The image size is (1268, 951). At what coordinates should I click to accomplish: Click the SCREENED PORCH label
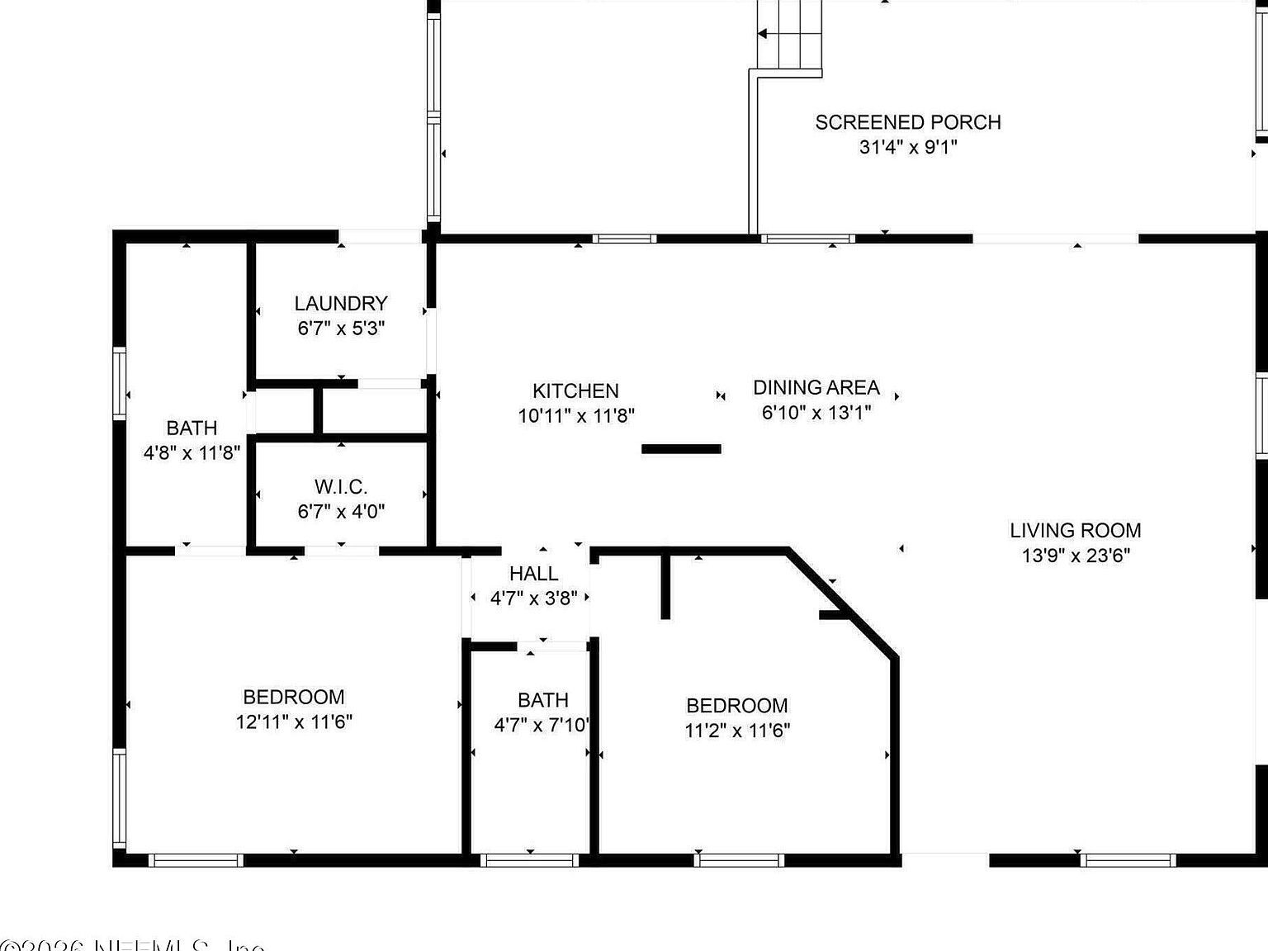907,122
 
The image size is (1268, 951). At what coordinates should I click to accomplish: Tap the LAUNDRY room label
340,304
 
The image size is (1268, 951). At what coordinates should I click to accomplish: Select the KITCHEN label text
575,390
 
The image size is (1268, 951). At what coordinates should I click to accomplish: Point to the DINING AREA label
816,387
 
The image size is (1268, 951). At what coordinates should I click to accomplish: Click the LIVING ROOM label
1075,530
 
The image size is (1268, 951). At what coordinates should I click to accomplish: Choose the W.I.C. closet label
340,486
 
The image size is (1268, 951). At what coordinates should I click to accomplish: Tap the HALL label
533,573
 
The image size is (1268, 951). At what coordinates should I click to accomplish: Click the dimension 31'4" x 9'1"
907,147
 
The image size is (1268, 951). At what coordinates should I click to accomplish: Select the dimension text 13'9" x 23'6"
1075,555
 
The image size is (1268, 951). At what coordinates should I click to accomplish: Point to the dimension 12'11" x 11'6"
293,722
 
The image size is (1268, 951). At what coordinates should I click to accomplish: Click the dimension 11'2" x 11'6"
736,730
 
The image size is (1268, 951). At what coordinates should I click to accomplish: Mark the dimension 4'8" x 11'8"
192,452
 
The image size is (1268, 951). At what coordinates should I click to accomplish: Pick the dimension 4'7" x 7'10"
542,725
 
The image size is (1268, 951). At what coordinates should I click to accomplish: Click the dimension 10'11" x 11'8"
575,415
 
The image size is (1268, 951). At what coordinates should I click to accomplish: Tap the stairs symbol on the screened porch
790,37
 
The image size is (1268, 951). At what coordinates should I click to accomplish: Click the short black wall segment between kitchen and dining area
681,449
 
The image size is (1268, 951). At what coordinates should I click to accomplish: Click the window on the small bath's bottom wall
529,860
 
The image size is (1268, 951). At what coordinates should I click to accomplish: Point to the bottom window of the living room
1128,860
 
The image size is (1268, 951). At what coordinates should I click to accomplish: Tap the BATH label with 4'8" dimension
192,428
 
